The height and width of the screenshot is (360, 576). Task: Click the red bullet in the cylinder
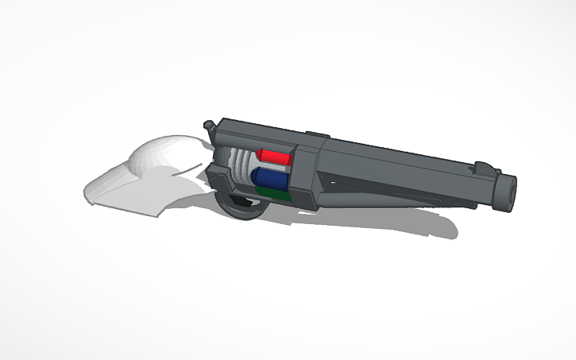[273, 157]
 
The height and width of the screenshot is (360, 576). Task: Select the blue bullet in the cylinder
[269, 176]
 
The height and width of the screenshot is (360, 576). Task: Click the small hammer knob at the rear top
[210, 125]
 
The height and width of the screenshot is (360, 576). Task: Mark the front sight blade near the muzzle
[482, 167]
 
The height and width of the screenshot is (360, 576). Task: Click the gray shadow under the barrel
[397, 223]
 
